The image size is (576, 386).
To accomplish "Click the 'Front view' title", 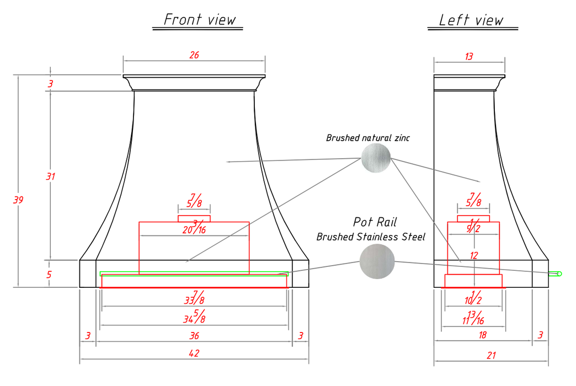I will [200, 20].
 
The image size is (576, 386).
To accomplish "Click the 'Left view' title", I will [471, 20].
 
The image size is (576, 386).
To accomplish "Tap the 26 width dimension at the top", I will [194, 55].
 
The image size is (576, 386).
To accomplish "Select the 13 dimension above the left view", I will [469, 56].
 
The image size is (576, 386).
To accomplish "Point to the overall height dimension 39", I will [18, 200].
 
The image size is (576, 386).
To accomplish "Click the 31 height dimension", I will [50, 176].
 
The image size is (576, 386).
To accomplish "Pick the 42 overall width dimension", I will [194, 353].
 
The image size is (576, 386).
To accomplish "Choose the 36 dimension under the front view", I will [194, 335].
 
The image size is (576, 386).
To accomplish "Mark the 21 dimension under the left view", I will [491, 356].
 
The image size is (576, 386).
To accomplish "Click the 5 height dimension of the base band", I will [50, 274].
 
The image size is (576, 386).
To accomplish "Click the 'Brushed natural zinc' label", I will [367, 138].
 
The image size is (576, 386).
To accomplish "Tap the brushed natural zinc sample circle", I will [376, 158].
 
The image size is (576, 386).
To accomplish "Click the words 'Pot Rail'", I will [375, 222].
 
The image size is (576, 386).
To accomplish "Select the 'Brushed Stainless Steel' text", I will [371, 237].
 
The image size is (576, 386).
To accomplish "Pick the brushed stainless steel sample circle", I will [377, 261].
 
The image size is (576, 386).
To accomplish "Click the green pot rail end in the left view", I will [556, 274].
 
